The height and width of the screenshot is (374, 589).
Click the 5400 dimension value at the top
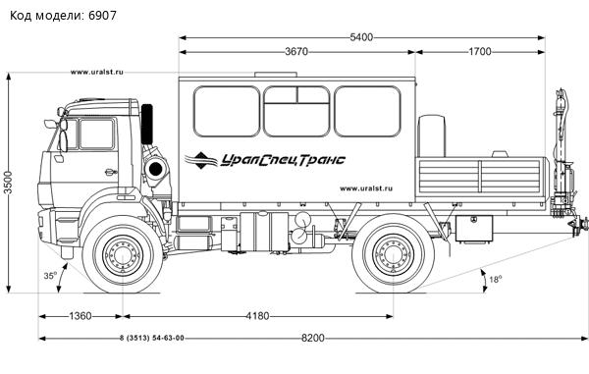[362, 37]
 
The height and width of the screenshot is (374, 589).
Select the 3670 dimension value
[297, 52]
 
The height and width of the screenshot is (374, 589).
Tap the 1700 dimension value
[480, 52]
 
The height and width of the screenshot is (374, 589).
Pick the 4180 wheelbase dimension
[256, 315]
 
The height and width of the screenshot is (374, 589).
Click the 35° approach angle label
[49, 277]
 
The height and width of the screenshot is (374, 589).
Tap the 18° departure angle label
[495, 280]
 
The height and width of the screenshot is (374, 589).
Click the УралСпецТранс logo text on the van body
[277, 159]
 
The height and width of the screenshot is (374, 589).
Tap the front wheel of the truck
[121, 256]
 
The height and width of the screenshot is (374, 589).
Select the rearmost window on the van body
[367, 111]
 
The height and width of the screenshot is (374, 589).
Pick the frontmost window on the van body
[226, 111]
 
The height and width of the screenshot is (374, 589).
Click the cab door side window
[96, 134]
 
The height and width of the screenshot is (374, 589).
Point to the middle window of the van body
[296, 111]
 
